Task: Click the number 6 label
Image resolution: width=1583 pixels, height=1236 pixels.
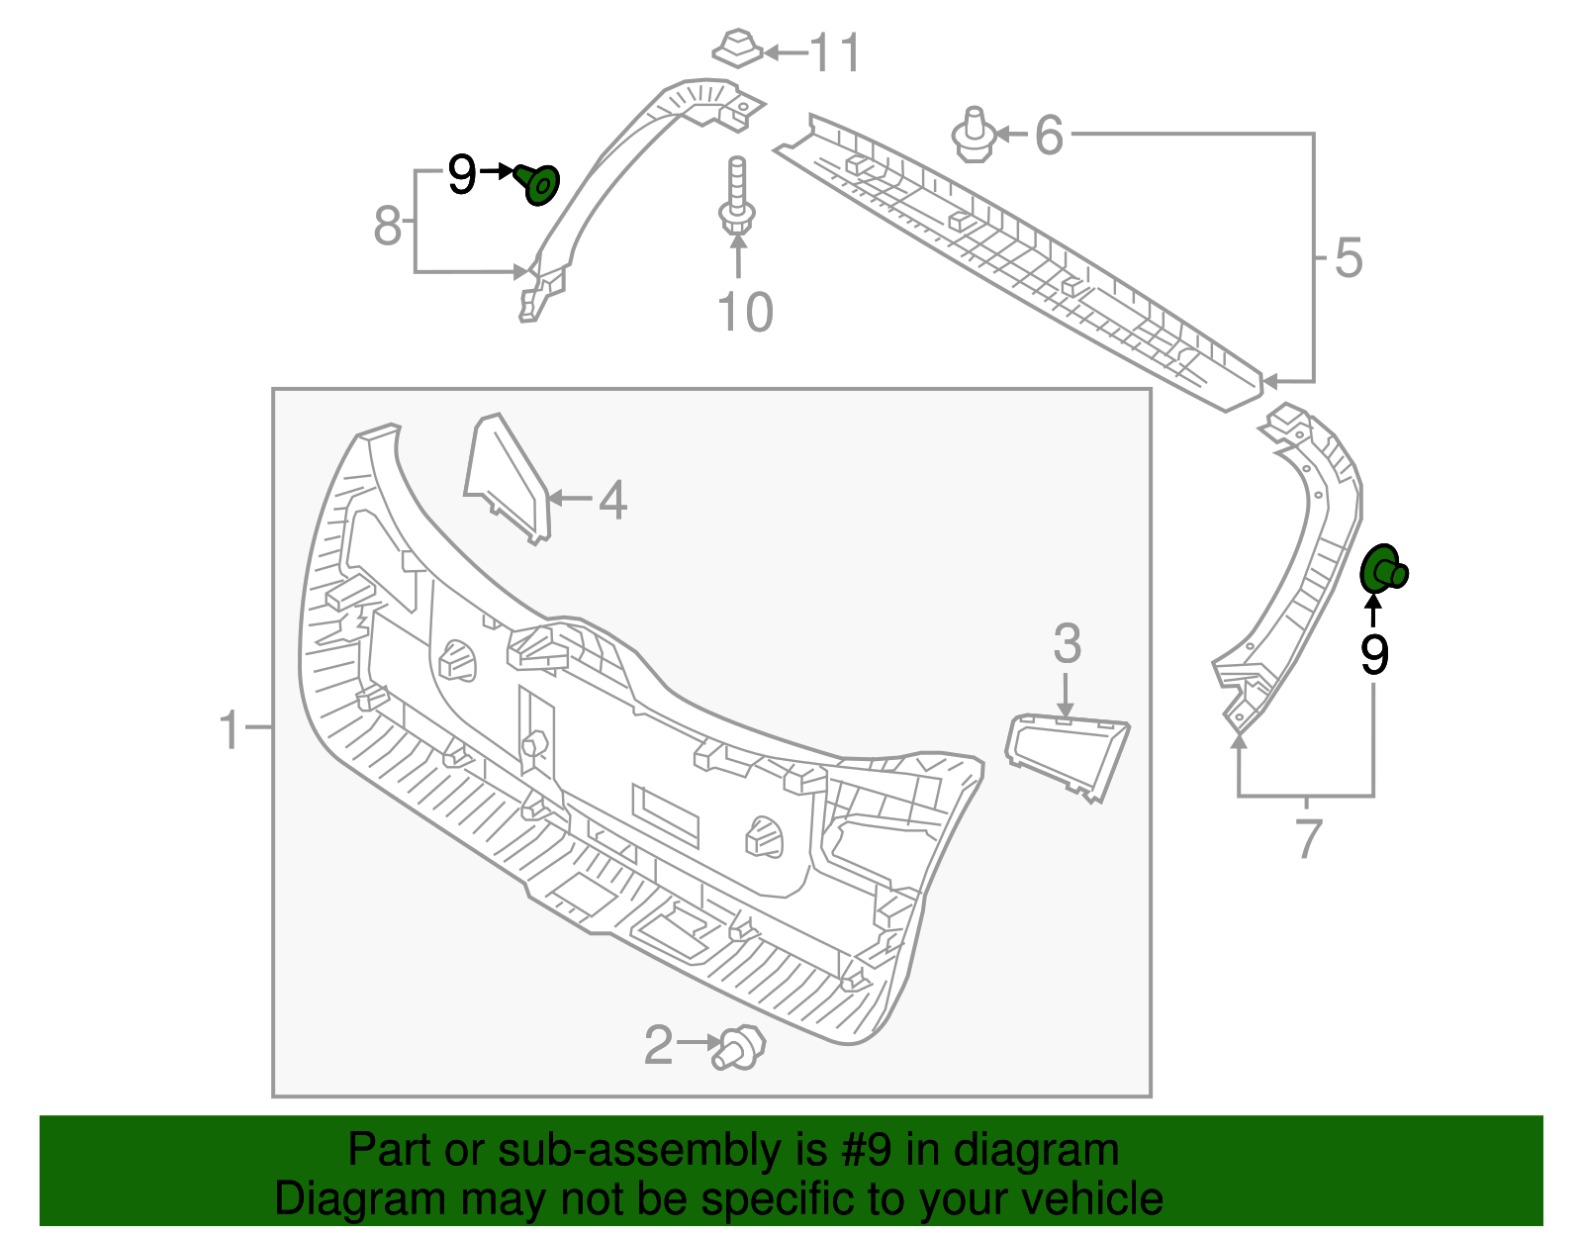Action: (x=1049, y=135)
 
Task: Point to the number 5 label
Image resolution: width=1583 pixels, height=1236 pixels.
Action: (x=1349, y=258)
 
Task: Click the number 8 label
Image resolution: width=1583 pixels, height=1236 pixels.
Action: (x=387, y=227)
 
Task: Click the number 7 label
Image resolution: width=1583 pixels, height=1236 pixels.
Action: (x=1308, y=839)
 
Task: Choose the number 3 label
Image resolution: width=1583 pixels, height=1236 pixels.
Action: (x=1067, y=644)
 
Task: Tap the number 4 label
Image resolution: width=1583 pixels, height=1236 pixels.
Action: (x=612, y=500)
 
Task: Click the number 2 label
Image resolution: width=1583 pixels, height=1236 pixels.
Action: (x=658, y=1045)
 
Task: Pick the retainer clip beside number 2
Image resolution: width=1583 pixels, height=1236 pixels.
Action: (x=739, y=1048)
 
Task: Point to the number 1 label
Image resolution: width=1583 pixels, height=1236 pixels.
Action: (x=230, y=730)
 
